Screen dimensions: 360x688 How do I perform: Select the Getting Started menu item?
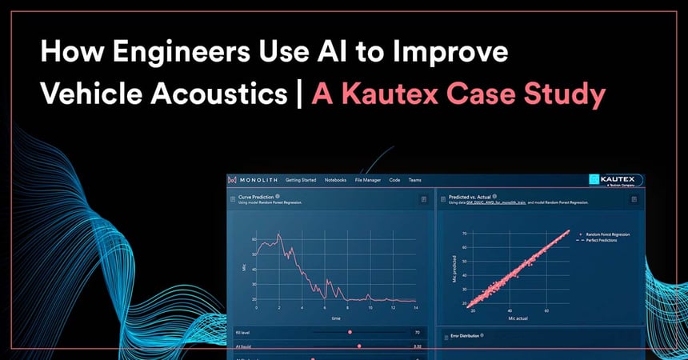[x=300, y=180]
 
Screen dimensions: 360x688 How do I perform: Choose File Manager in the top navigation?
[x=368, y=180]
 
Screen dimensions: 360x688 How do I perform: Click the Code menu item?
[x=395, y=180]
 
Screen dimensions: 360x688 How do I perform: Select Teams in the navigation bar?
[x=414, y=180]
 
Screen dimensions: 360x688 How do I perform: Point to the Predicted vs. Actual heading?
[x=470, y=195]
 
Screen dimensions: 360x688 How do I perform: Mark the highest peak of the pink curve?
[x=278, y=234]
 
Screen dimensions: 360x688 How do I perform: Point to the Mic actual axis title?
[x=518, y=319]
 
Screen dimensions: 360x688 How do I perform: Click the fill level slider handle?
[x=349, y=331]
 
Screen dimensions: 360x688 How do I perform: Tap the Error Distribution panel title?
[x=465, y=335]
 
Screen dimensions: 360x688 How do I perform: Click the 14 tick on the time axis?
[x=415, y=308]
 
